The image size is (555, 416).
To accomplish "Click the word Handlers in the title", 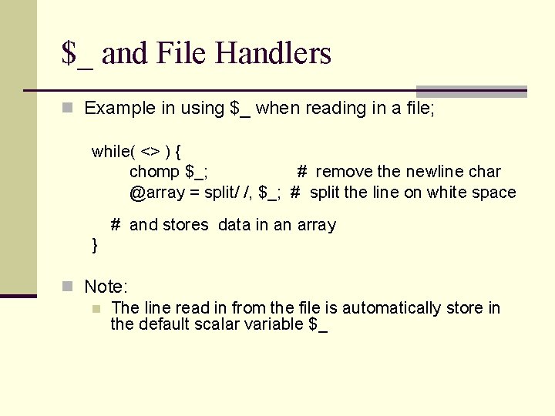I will (274, 53).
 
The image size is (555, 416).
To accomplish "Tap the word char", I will (483, 172).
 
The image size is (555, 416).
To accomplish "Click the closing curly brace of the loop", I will (95, 245).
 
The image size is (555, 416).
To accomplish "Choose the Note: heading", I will (106, 287).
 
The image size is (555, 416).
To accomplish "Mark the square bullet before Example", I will (68, 109).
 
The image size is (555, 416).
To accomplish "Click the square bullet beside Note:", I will (68, 287).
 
